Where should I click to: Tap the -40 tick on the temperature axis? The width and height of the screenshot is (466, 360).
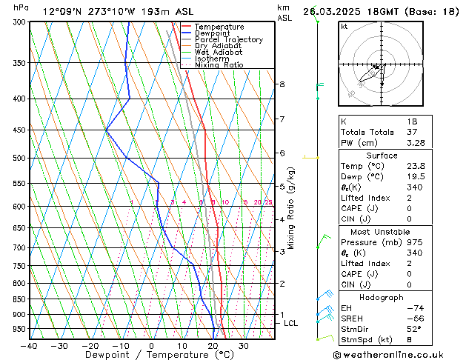tap(29, 345)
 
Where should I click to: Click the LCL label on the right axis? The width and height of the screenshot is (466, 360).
tap(291, 323)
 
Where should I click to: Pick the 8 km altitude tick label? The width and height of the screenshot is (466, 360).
tap(282, 84)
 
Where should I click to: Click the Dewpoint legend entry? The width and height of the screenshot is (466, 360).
tap(214, 33)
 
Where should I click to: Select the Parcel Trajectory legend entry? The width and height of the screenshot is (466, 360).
tap(228, 40)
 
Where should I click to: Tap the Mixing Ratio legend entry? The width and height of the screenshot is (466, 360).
tap(219, 65)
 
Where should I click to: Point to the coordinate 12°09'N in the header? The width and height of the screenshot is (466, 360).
tap(63, 11)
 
